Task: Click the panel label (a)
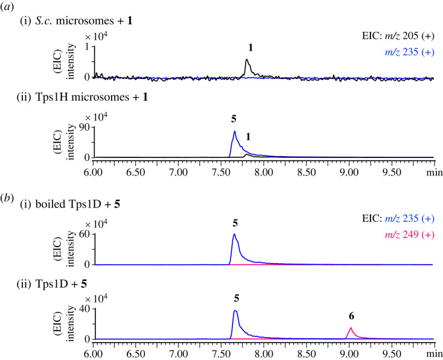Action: point(8,7)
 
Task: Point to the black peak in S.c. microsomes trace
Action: point(247,61)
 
